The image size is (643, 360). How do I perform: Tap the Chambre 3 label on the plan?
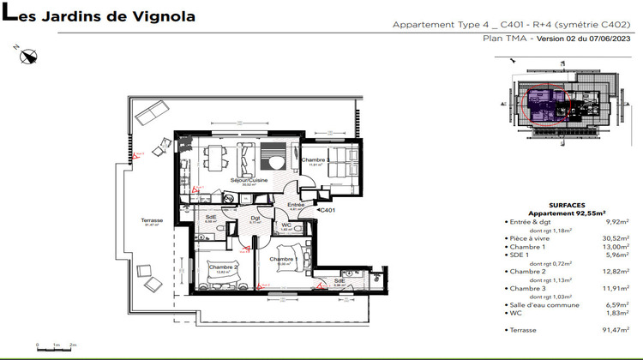point(315,151)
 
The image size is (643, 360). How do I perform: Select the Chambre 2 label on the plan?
point(223,266)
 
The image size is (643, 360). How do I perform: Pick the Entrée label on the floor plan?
point(296,205)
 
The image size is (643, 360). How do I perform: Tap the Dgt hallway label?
point(255,218)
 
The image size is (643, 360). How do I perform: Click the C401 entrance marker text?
point(327,209)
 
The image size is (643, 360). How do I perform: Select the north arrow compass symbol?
point(30,57)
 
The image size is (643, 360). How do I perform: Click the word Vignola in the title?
point(164,16)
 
